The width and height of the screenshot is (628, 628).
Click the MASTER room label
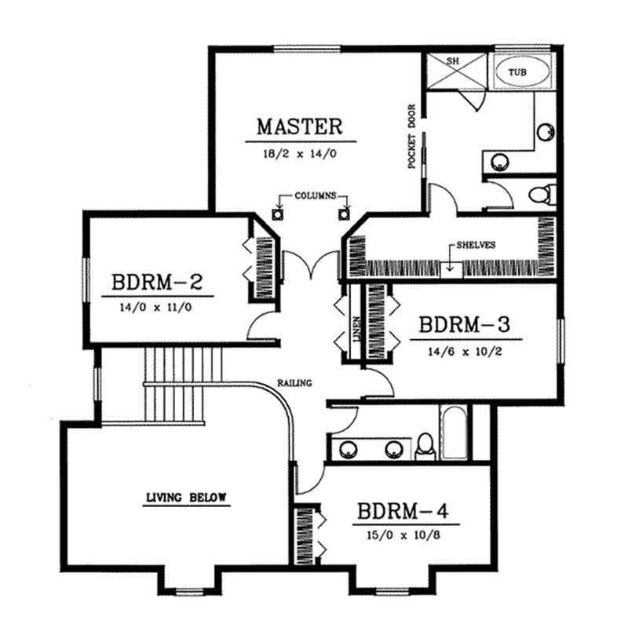tap(300, 126)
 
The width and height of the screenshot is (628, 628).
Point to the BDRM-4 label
tap(403, 512)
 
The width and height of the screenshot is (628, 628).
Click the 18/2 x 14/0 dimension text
tap(300, 154)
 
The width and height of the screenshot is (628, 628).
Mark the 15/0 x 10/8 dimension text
tap(403, 537)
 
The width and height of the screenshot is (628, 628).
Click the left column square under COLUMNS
tap(276, 214)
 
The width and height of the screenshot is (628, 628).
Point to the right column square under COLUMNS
tap(343, 214)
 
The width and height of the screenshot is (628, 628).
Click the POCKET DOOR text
tap(411, 135)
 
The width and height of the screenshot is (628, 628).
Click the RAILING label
tap(295, 383)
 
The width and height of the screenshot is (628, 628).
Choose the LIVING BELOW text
tap(186, 497)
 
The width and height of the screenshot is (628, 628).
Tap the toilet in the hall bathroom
tap(425, 445)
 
